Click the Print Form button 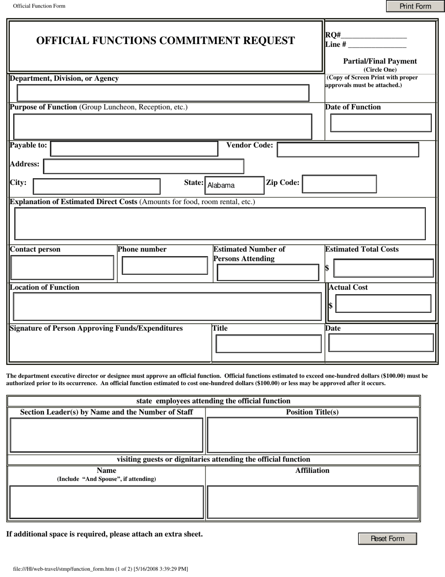pyautogui.click(x=415, y=6)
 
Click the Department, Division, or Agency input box pyautogui.click(x=163, y=93)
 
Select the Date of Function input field pyautogui.click(x=381, y=123)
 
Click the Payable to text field pyautogui.click(x=134, y=149)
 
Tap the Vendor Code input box pyautogui.click(x=348, y=150)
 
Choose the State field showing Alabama pyautogui.click(x=234, y=185)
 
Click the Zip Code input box pyautogui.click(x=339, y=184)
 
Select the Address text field pyautogui.click(x=143, y=167)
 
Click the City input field pyautogui.click(x=96, y=186)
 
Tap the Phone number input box pyautogui.click(x=164, y=266)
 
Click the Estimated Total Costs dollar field pyautogui.click(x=383, y=268)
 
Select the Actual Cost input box pyautogui.click(x=383, y=304)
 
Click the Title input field pyautogui.click(x=268, y=344)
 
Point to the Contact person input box pyautogui.click(x=62, y=268)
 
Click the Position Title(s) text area pyautogui.click(x=312, y=435)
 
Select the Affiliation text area pyautogui.click(x=312, y=502)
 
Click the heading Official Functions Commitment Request pyautogui.click(x=166, y=41)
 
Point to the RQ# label pyautogui.click(x=333, y=35)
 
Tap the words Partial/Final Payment pyautogui.click(x=380, y=61)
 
